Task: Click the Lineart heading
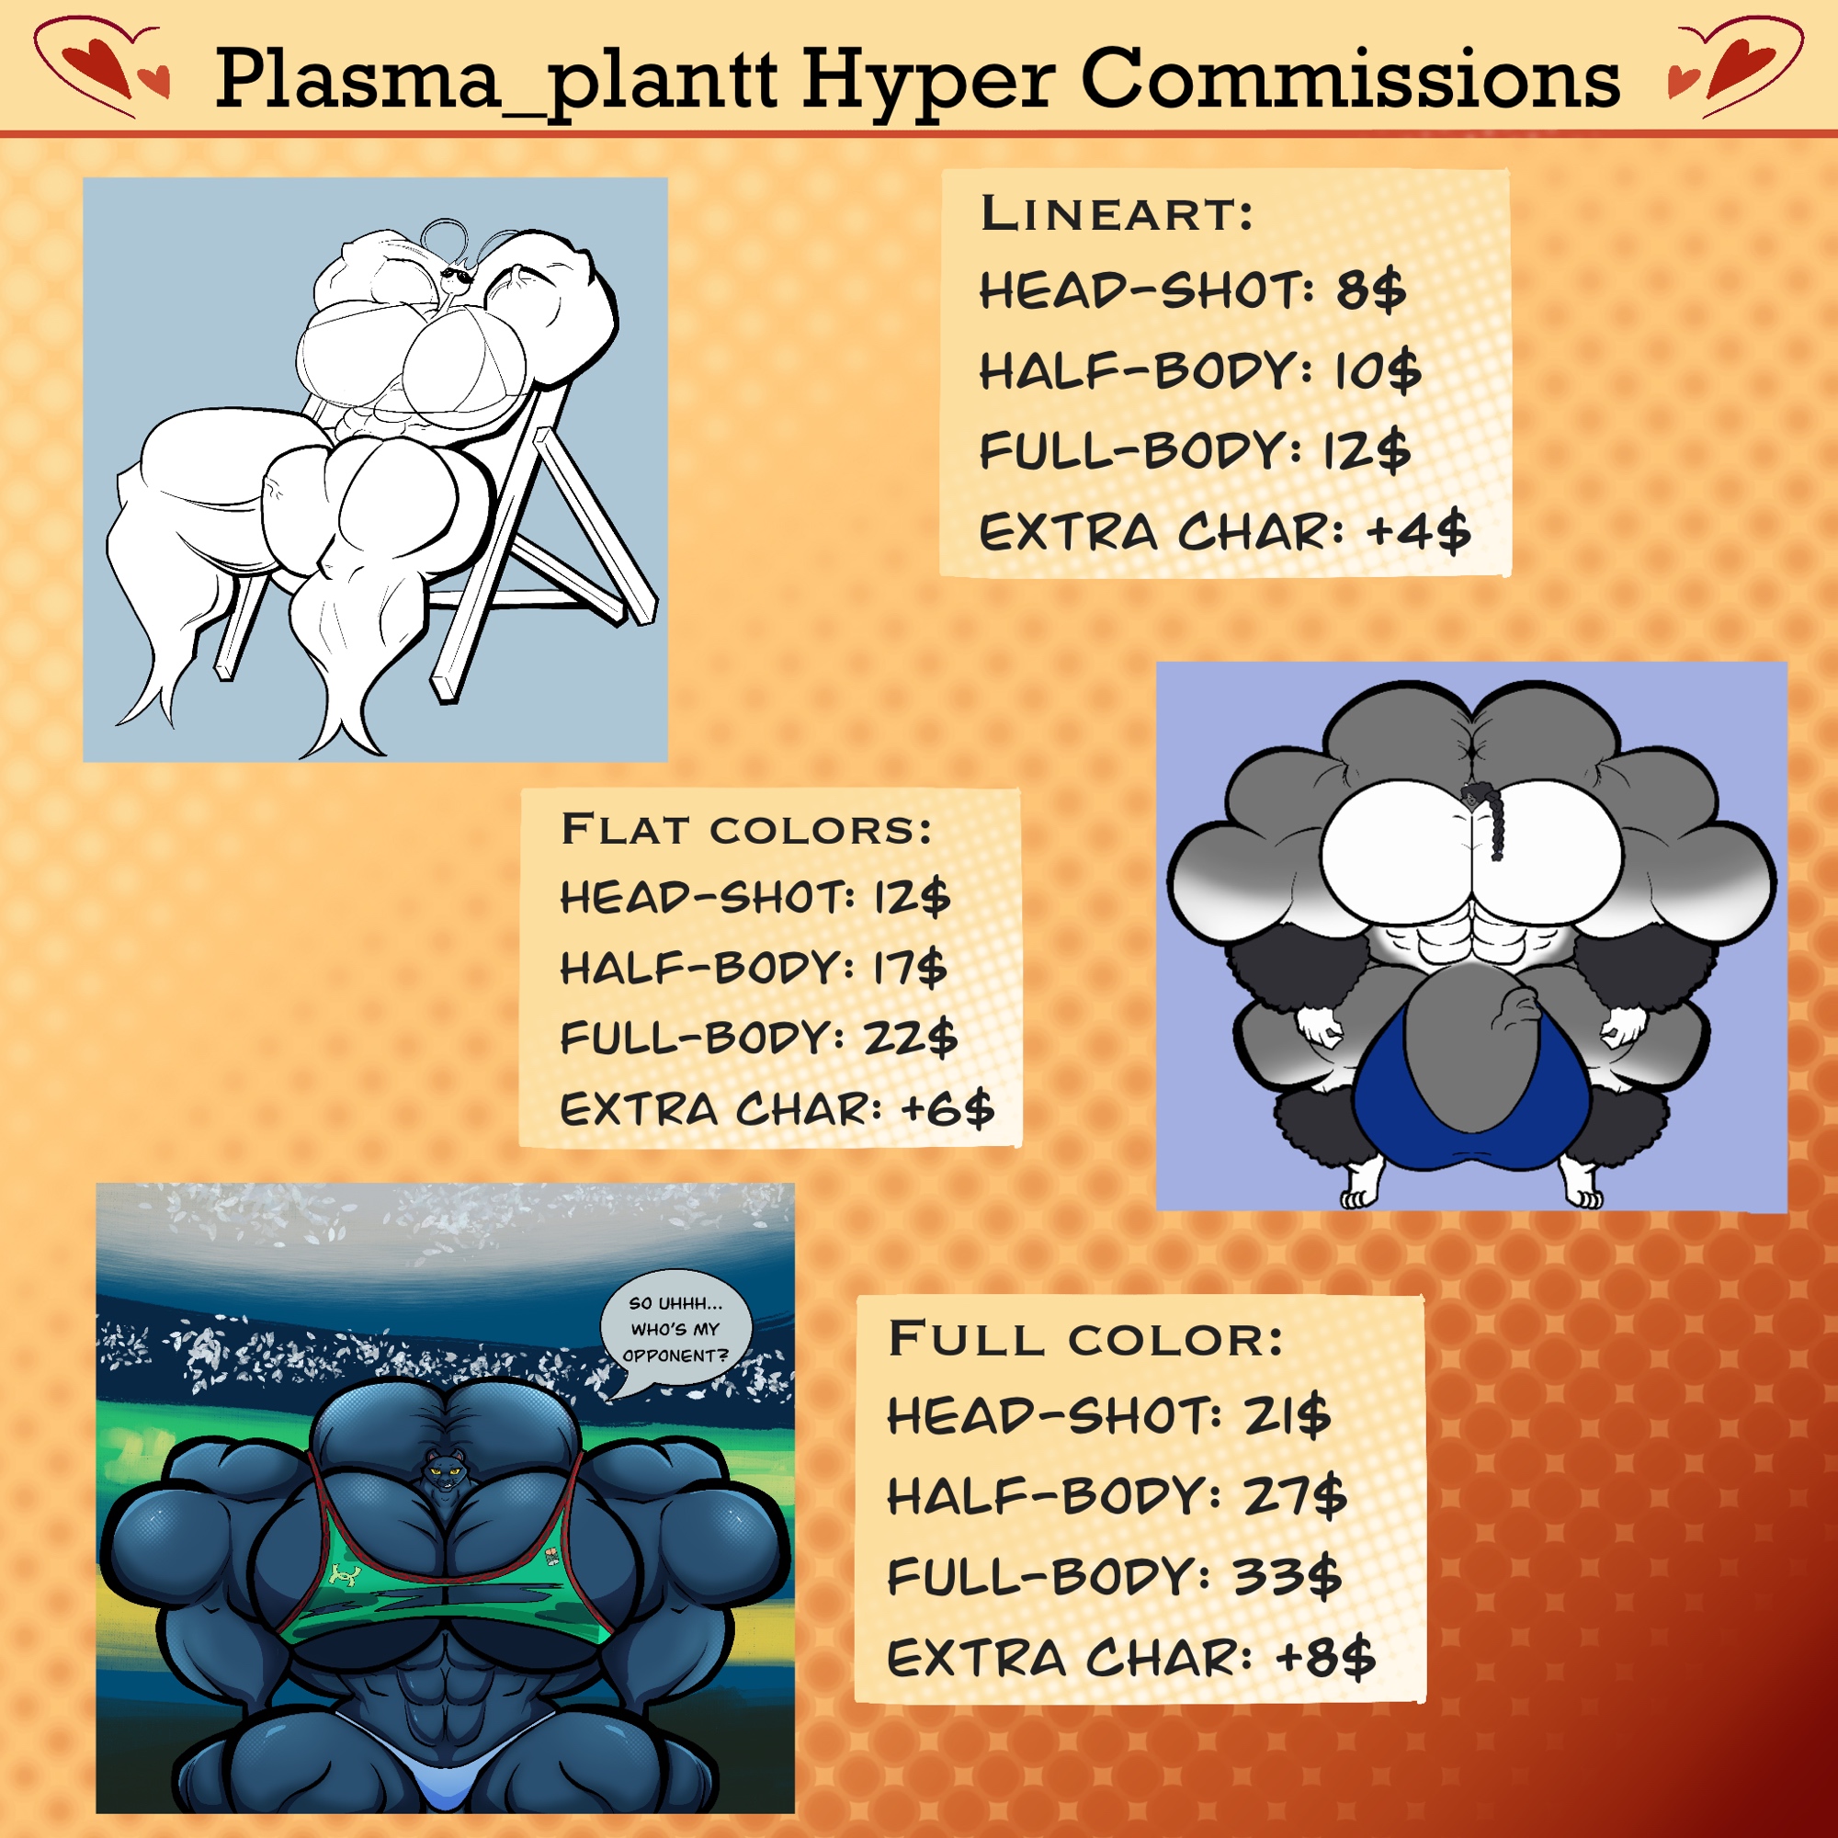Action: point(1117,212)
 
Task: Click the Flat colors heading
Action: point(746,829)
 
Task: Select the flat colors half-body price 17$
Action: point(911,969)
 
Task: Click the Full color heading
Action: point(1085,1339)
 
